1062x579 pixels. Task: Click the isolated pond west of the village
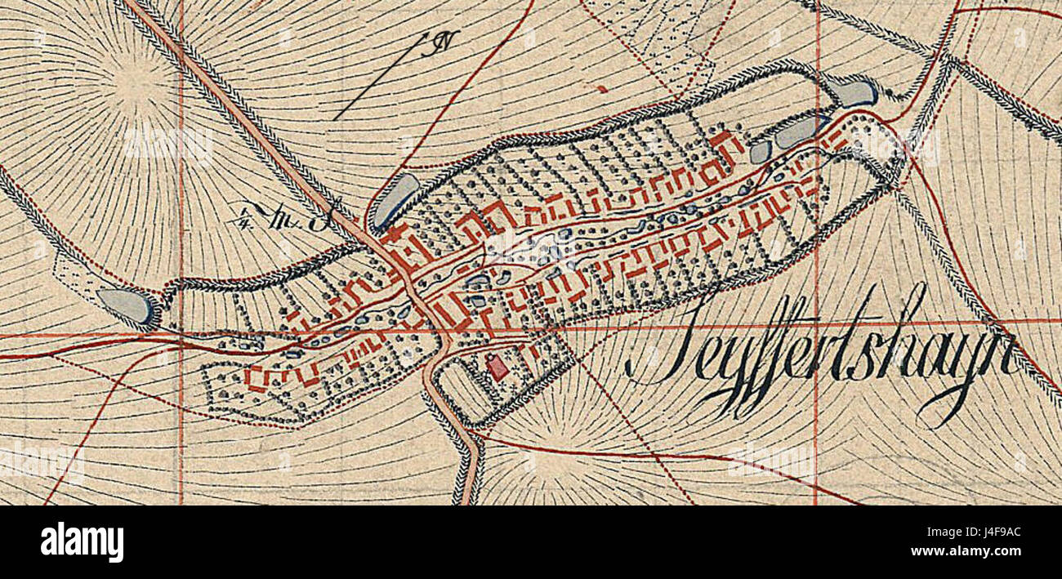(x=126, y=306)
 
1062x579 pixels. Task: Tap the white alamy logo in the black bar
(x=82, y=542)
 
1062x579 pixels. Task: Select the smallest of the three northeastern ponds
(x=760, y=151)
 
